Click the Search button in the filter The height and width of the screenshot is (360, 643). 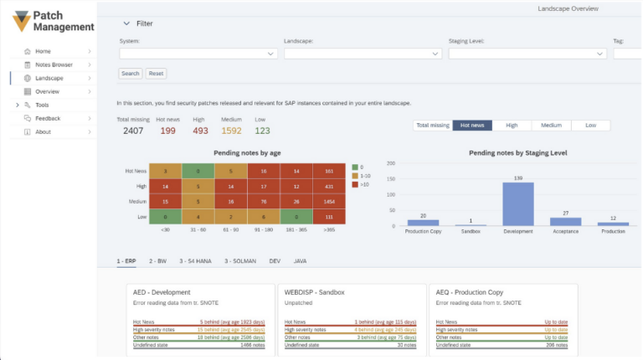pos(130,74)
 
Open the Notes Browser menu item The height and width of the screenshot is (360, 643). pos(54,64)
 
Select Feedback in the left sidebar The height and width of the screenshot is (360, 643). pos(48,118)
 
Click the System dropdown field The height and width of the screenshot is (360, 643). pos(198,54)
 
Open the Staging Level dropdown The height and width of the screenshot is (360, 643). pos(527,54)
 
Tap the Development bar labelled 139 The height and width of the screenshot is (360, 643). pos(518,204)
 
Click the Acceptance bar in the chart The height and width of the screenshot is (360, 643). pos(565,222)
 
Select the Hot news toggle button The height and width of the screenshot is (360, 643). pos(472,125)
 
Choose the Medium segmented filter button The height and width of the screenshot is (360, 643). pos(551,125)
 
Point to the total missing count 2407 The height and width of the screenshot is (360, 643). pos(133,131)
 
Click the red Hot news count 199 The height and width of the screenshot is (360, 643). pos(167,131)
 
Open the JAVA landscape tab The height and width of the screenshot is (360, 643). pos(300,261)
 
